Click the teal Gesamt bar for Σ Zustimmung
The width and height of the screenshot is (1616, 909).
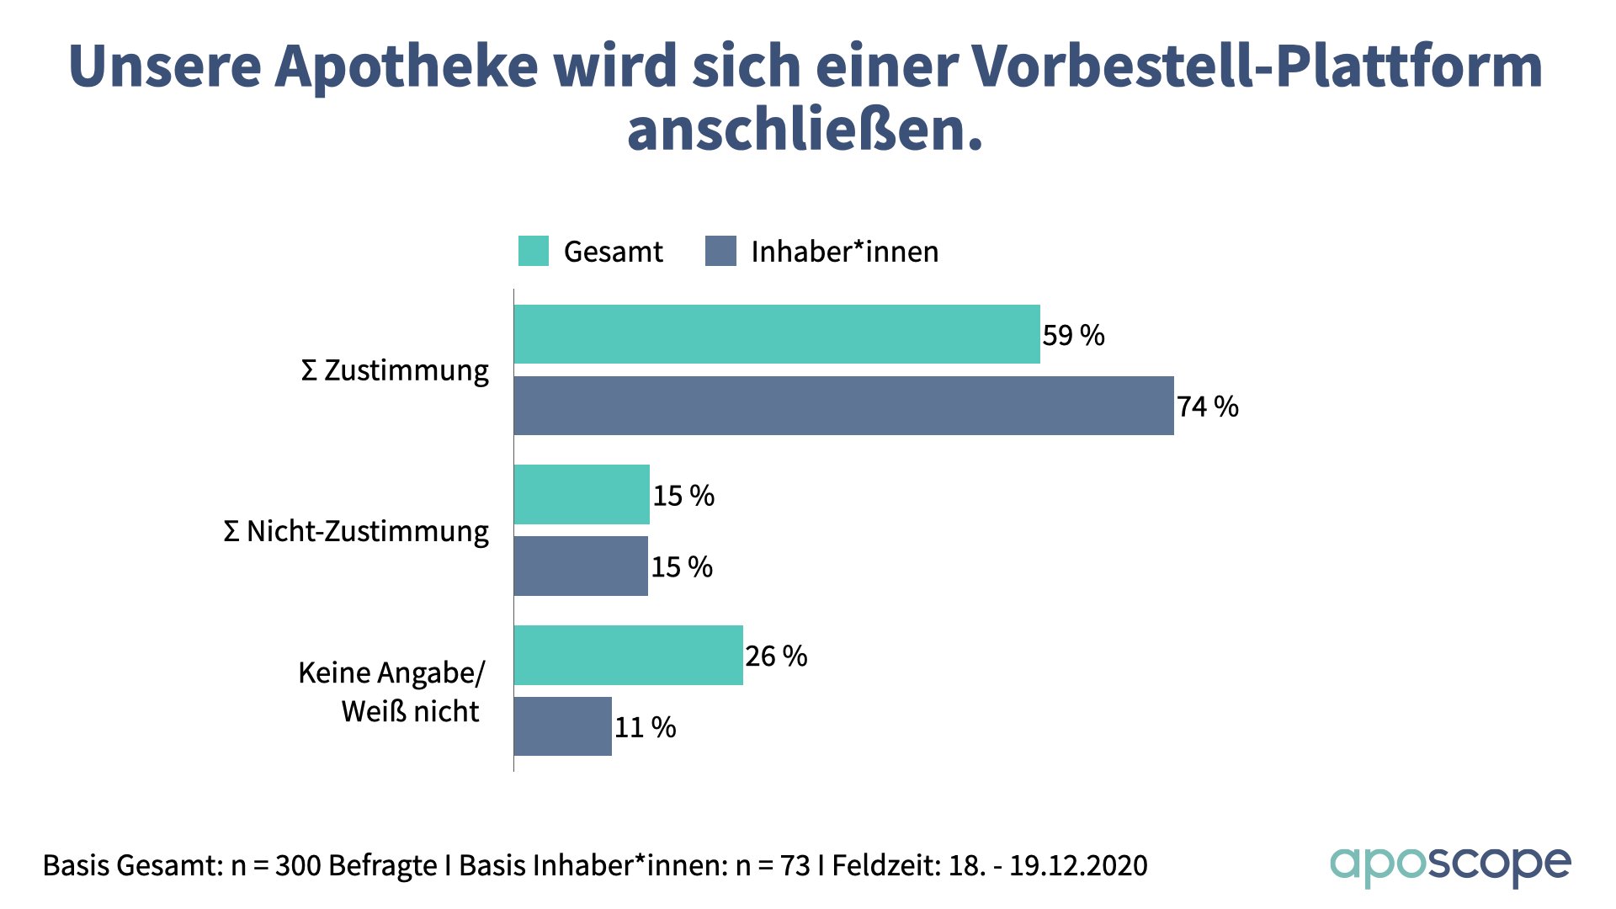[x=777, y=334]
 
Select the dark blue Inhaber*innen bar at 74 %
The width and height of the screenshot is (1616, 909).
[x=843, y=406]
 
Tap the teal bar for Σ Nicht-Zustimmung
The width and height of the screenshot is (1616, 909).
[x=582, y=495]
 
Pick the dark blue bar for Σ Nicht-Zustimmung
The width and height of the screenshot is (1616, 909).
[x=581, y=566]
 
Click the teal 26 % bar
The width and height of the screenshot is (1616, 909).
[x=628, y=655]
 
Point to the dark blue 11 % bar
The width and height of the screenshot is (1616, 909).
[x=562, y=726]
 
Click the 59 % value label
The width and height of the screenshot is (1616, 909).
[x=1073, y=336]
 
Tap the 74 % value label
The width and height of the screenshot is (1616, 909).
[x=1207, y=407]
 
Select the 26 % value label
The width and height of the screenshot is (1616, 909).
[x=775, y=656]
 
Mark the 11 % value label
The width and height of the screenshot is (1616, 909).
[x=645, y=728]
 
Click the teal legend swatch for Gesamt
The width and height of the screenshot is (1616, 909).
[x=533, y=251]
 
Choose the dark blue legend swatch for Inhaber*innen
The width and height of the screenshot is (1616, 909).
[x=720, y=251]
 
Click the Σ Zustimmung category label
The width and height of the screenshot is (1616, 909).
[x=395, y=371]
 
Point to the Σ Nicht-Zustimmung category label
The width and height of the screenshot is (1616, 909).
[x=355, y=532]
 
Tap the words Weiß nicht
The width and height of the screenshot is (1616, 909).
[x=410, y=712]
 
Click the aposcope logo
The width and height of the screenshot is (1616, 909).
[x=1449, y=865]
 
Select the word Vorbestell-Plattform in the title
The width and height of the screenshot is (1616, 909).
[x=1257, y=66]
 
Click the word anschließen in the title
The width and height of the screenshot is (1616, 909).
[x=804, y=131]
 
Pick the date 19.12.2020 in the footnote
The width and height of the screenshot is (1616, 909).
[x=1078, y=866]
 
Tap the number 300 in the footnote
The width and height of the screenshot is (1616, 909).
[x=298, y=866]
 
